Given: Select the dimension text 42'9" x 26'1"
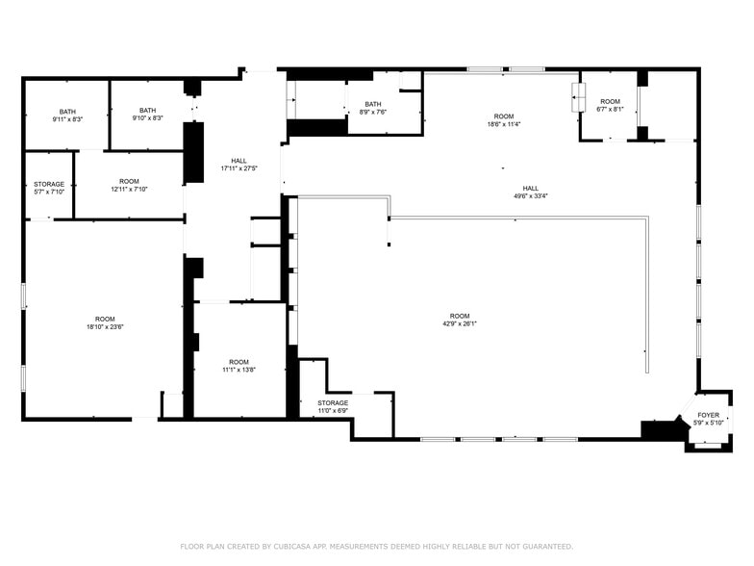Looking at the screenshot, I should pyautogui.click(x=460, y=324).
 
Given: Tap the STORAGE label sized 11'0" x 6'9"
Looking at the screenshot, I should pyautogui.click(x=333, y=403).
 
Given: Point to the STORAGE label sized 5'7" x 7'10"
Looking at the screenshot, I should pyautogui.click(x=49, y=184).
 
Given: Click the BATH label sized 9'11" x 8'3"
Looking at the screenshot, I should pyautogui.click(x=67, y=111).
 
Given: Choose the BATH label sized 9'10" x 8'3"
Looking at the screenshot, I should pyautogui.click(x=147, y=111).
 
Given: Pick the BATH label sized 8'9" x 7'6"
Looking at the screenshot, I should pyautogui.click(x=372, y=104).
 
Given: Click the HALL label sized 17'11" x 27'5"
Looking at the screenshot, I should pyautogui.click(x=239, y=161).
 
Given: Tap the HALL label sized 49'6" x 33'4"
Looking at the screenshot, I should pyautogui.click(x=530, y=188).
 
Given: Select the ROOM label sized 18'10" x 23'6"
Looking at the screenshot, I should pyautogui.click(x=105, y=319).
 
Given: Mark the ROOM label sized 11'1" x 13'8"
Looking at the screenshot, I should pyautogui.click(x=239, y=362).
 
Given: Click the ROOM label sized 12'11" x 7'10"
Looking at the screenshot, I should pyautogui.click(x=129, y=181).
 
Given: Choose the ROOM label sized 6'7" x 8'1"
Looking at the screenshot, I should pyautogui.click(x=610, y=102).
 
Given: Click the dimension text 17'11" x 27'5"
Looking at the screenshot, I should pyautogui.click(x=239, y=168).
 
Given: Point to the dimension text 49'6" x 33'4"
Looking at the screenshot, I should pyautogui.click(x=530, y=195).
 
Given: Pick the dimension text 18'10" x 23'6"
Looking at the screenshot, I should pyautogui.click(x=105, y=326).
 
